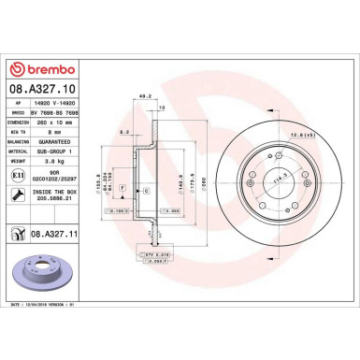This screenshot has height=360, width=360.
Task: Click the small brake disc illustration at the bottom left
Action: coord(43,277)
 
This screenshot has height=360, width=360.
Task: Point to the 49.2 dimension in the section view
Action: coord(143,94)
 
